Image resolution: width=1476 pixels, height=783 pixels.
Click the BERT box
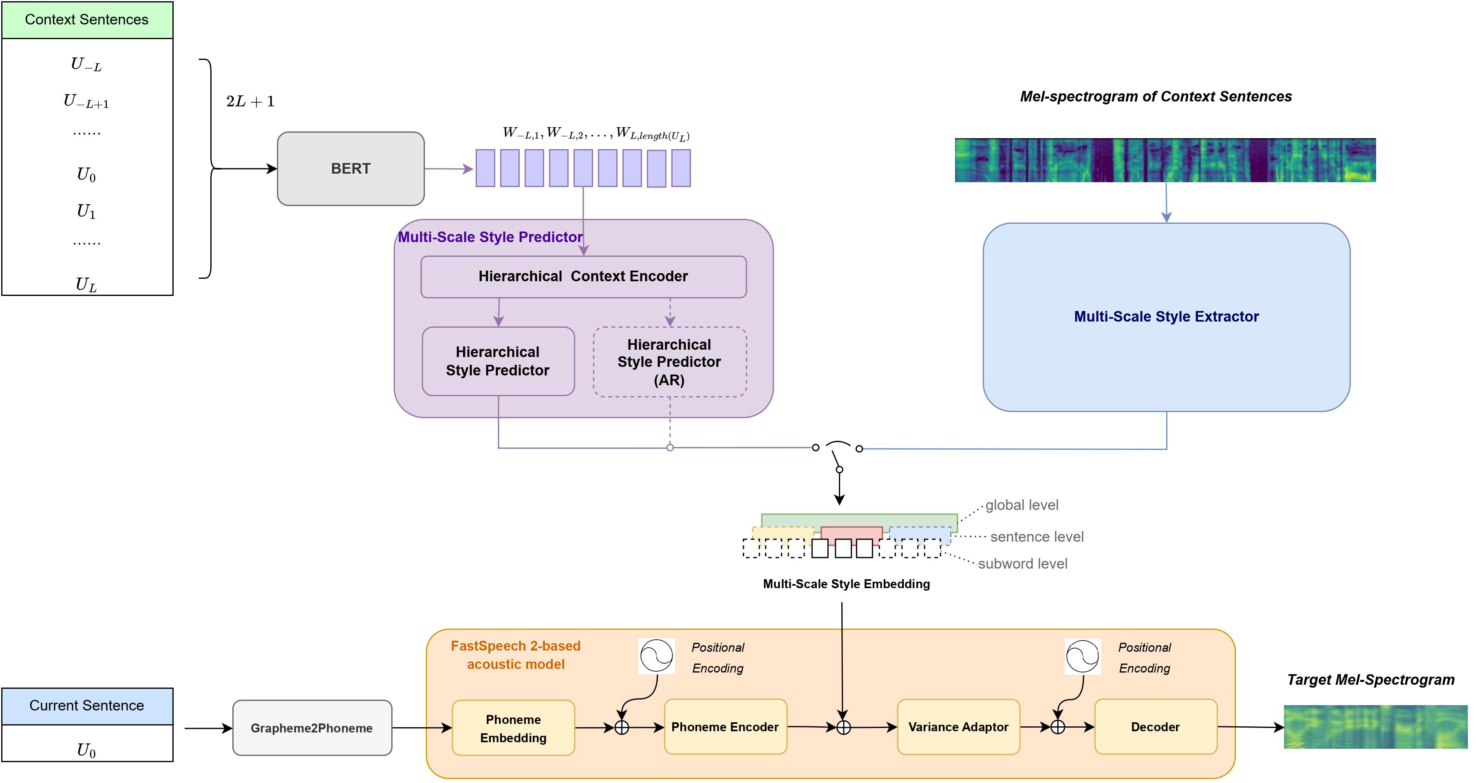click(351, 168)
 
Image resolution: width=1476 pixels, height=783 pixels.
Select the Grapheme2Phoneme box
click(312, 728)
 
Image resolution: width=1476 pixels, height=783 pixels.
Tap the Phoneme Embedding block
click(513, 728)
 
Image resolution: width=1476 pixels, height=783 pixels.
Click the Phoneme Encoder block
click(725, 727)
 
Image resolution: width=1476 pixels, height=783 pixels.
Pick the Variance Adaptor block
click(958, 727)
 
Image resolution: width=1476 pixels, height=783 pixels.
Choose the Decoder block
click(1155, 727)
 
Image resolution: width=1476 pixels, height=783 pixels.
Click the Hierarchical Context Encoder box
click(583, 277)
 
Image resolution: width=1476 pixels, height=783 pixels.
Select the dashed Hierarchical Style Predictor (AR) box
click(669, 362)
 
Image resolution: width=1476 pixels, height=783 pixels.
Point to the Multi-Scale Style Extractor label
click(1166, 317)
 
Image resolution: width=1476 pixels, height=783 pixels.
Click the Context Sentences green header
click(86, 20)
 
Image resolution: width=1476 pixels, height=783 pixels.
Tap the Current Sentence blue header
click(86, 706)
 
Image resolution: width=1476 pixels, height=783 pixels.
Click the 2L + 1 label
click(250, 102)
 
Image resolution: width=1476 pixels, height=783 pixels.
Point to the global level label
click(1022, 505)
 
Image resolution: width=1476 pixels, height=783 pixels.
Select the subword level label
click(1022, 564)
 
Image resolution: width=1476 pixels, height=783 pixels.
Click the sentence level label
click(1037, 537)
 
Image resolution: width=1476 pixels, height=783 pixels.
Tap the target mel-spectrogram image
click(1375, 727)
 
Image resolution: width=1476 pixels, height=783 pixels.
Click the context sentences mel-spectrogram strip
click(1165, 160)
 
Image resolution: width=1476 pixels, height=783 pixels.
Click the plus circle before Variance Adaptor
click(843, 728)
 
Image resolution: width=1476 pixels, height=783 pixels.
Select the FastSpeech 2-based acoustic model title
click(516, 655)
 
